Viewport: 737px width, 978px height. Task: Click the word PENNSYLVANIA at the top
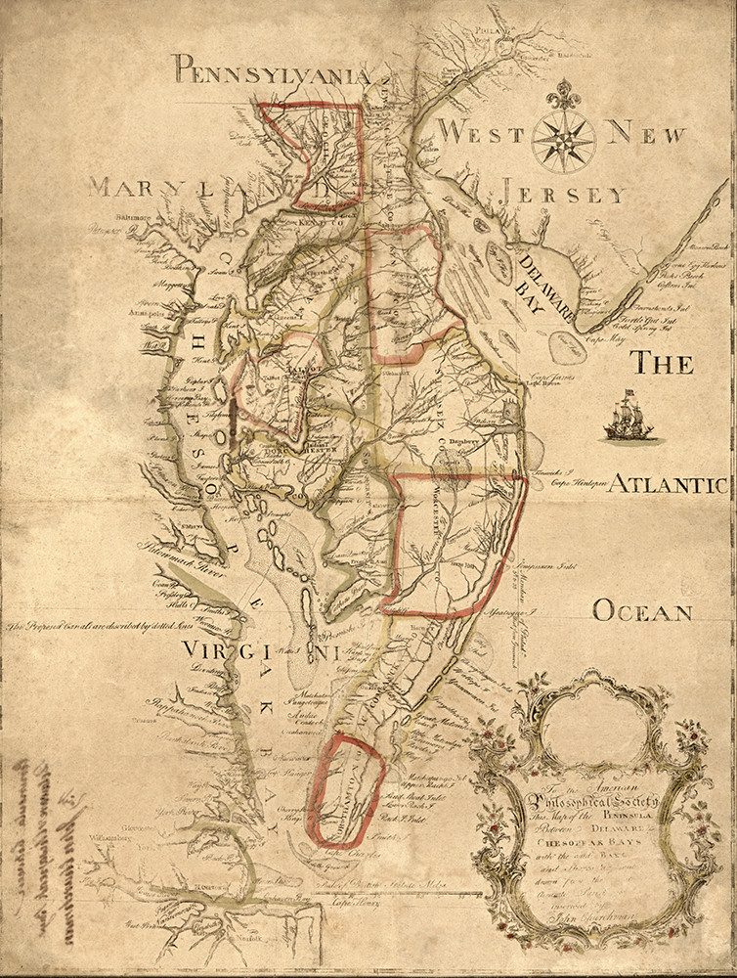(x=272, y=71)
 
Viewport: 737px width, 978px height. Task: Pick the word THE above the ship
(x=661, y=364)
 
